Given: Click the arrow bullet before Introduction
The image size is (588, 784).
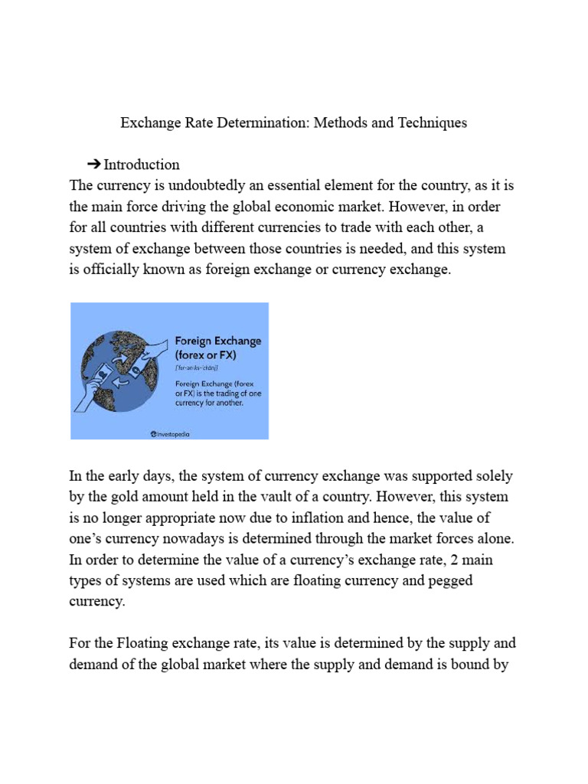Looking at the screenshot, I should click(x=94, y=164).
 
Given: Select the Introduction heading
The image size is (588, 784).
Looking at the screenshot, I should click(x=142, y=164).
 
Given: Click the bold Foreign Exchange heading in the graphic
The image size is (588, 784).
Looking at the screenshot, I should click(x=218, y=341).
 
